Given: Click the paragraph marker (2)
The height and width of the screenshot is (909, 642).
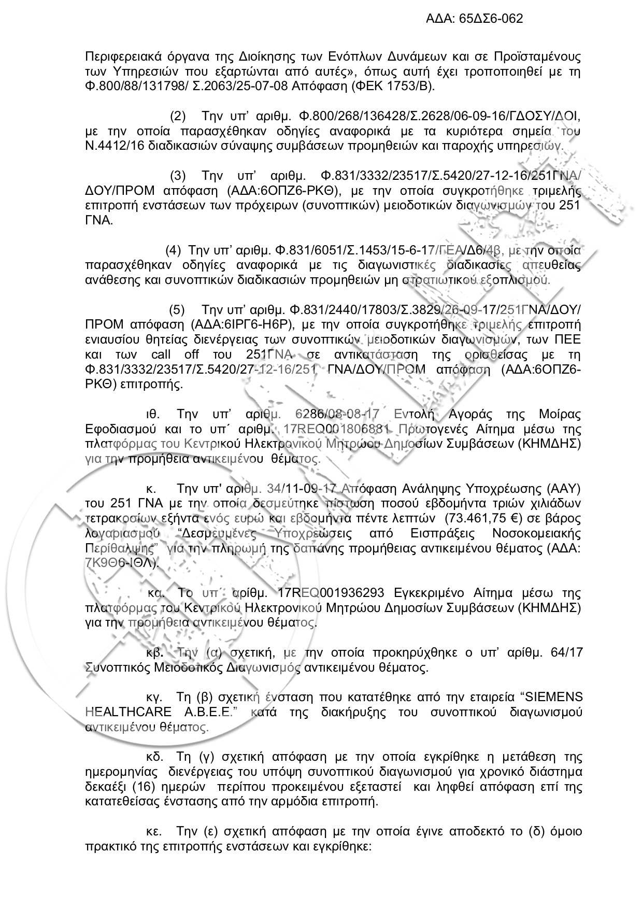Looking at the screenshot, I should pos(178,115).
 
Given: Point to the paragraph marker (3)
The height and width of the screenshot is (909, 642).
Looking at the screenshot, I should pos(178,175).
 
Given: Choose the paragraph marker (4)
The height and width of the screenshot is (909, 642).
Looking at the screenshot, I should pos(173,250).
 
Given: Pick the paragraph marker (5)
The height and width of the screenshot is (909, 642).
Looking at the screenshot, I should pos(177,310).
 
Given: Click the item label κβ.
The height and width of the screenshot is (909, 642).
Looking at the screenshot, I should pos(153,652).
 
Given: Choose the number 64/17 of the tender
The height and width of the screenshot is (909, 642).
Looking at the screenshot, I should pos(567,652).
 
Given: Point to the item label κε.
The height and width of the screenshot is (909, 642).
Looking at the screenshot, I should pos(153,832).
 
